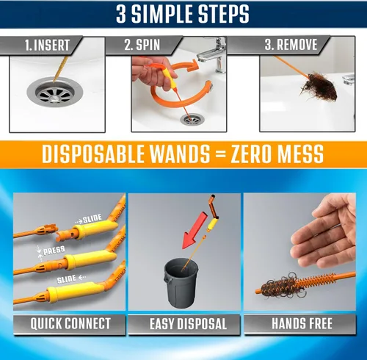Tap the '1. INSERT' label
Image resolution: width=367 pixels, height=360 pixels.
click(47, 46)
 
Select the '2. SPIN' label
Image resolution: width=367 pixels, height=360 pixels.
click(142, 45)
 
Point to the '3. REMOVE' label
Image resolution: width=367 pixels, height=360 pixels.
click(291, 45)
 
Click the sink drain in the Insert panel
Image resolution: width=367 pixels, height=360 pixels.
click(55, 92)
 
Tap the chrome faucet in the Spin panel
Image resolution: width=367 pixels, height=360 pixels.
click(213, 55)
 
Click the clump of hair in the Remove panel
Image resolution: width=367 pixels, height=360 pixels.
click(318, 87)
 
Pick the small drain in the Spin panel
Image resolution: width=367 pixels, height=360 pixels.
click(192, 119)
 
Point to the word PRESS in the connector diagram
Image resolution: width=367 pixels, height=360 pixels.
click(54, 251)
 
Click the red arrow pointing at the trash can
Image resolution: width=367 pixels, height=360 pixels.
click(195, 231)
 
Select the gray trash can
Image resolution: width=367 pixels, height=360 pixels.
click(181, 283)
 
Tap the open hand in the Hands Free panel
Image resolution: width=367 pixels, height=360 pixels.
click(323, 233)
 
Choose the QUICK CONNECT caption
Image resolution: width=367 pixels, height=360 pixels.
click(70, 323)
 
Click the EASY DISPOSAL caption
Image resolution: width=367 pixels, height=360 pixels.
click(188, 324)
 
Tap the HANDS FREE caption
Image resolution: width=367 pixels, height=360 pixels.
click(302, 323)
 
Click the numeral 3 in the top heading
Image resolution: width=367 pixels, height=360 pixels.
click(121, 14)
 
